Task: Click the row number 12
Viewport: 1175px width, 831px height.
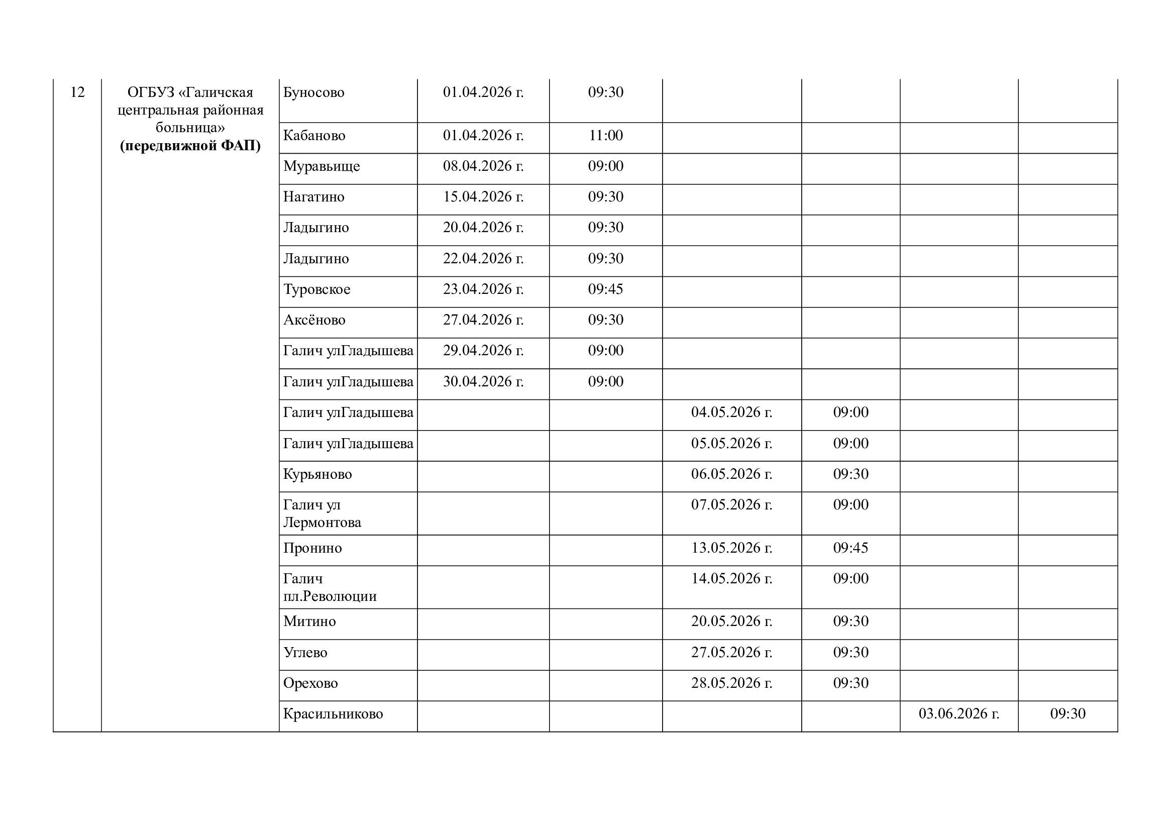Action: (77, 92)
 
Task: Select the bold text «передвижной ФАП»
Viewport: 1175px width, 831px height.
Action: (190, 146)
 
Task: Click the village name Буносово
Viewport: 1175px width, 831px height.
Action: (313, 92)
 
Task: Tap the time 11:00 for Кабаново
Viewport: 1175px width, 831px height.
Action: (605, 136)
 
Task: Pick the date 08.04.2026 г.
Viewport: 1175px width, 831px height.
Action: (483, 166)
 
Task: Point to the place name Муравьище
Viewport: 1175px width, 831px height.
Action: (322, 166)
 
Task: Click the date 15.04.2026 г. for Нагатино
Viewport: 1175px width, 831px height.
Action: (483, 197)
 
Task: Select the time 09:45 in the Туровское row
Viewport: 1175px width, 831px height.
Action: (605, 289)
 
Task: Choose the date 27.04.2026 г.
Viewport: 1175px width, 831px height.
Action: (483, 320)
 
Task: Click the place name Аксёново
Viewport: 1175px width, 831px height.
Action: (314, 320)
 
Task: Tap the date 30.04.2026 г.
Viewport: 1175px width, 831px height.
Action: (483, 382)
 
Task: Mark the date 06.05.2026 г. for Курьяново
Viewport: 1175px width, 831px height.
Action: (731, 474)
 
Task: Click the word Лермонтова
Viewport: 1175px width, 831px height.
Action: (323, 523)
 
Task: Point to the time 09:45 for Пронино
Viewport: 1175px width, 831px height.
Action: (850, 548)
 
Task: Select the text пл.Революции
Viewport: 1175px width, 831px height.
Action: (330, 596)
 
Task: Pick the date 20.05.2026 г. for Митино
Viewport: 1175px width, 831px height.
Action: (731, 621)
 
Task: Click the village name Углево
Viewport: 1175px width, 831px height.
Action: (305, 653)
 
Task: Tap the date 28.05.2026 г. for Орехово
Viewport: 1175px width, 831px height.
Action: (731, 683)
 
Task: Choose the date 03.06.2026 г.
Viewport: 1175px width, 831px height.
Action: (958, 714)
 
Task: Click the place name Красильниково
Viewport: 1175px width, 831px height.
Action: (333, 714)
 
